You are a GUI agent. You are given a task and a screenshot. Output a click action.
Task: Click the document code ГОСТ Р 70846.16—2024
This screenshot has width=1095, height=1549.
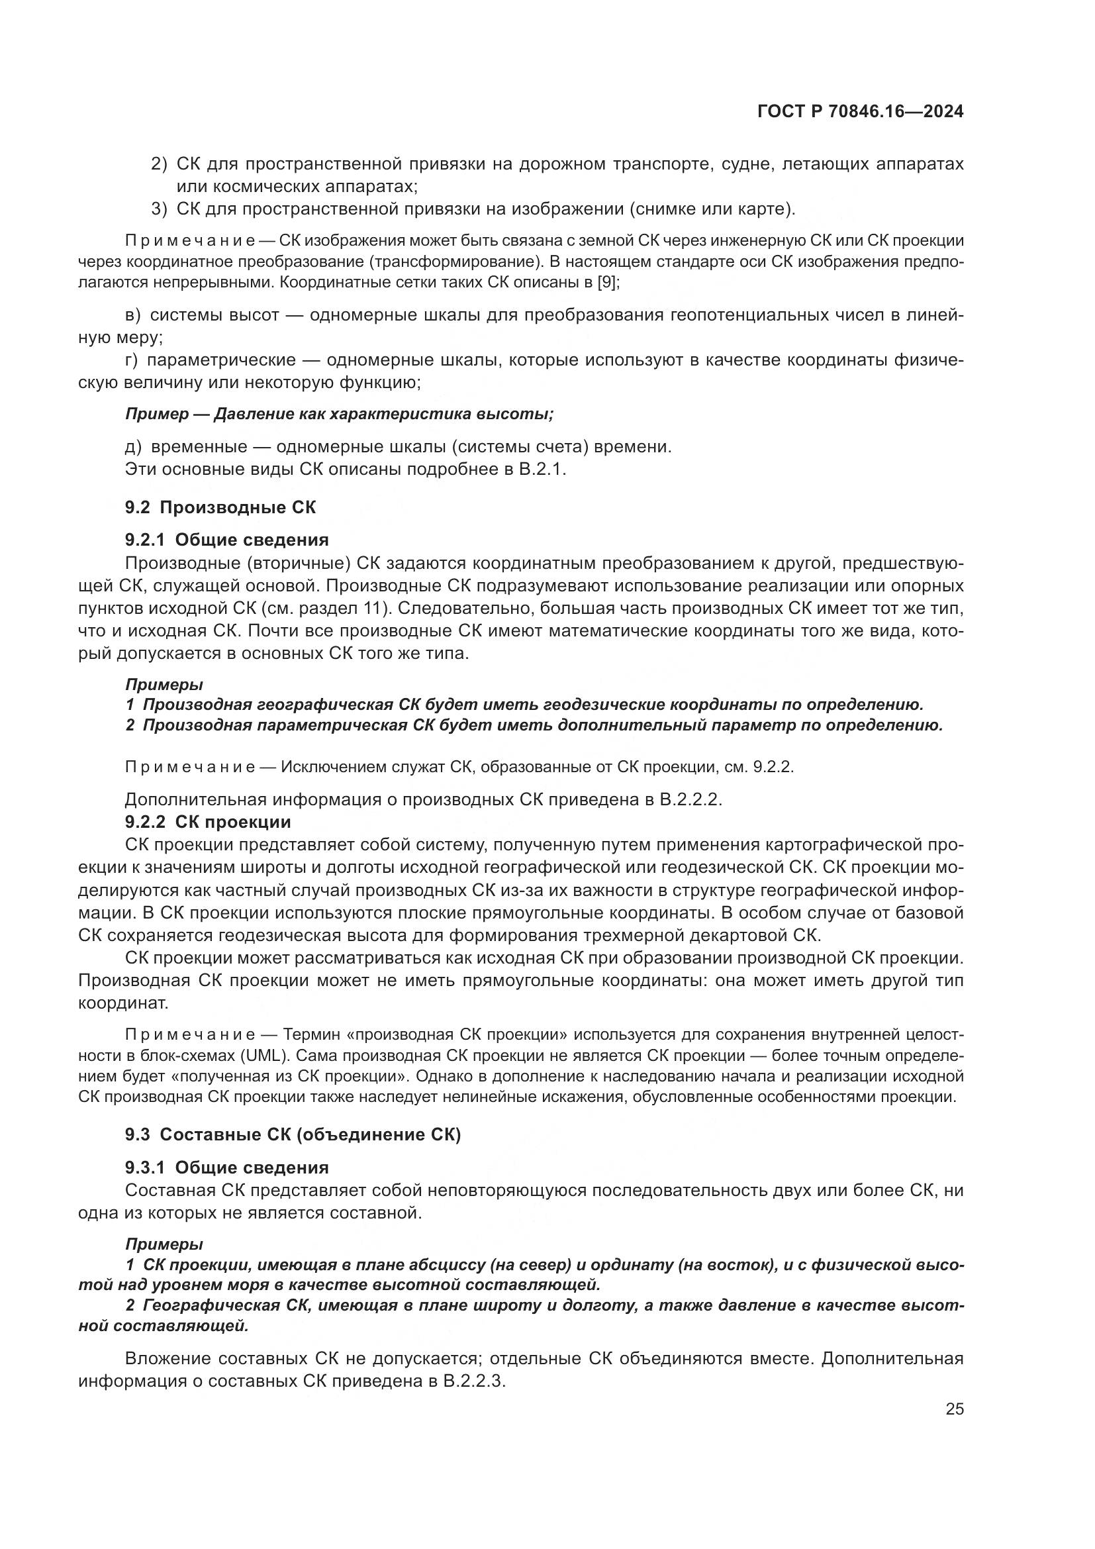point(860,112)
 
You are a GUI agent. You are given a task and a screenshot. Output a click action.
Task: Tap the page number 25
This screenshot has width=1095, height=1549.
point(954,1409)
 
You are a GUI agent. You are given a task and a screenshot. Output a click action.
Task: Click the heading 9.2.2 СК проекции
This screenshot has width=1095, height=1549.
point(209,822)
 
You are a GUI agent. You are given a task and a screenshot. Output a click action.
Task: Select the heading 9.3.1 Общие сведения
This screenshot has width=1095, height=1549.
point(227,1167)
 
